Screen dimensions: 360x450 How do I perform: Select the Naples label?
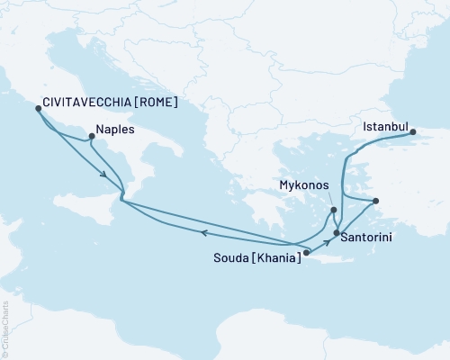tap(114, 130)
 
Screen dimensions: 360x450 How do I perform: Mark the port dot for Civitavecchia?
tap(38, 108)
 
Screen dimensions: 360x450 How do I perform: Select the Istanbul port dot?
tap(414, 133)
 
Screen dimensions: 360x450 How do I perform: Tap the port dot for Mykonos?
tap(334, 211)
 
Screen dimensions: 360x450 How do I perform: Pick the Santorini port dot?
tap(337, 234)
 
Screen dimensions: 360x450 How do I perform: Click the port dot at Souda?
tap(306, 253)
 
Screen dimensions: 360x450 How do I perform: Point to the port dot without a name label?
tap(376, 201)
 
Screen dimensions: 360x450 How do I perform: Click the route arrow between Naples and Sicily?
tap(106, 175)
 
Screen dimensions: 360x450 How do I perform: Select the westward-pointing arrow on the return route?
tap(203, 233)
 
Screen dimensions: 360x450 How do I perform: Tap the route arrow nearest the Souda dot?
tap(327, 244)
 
